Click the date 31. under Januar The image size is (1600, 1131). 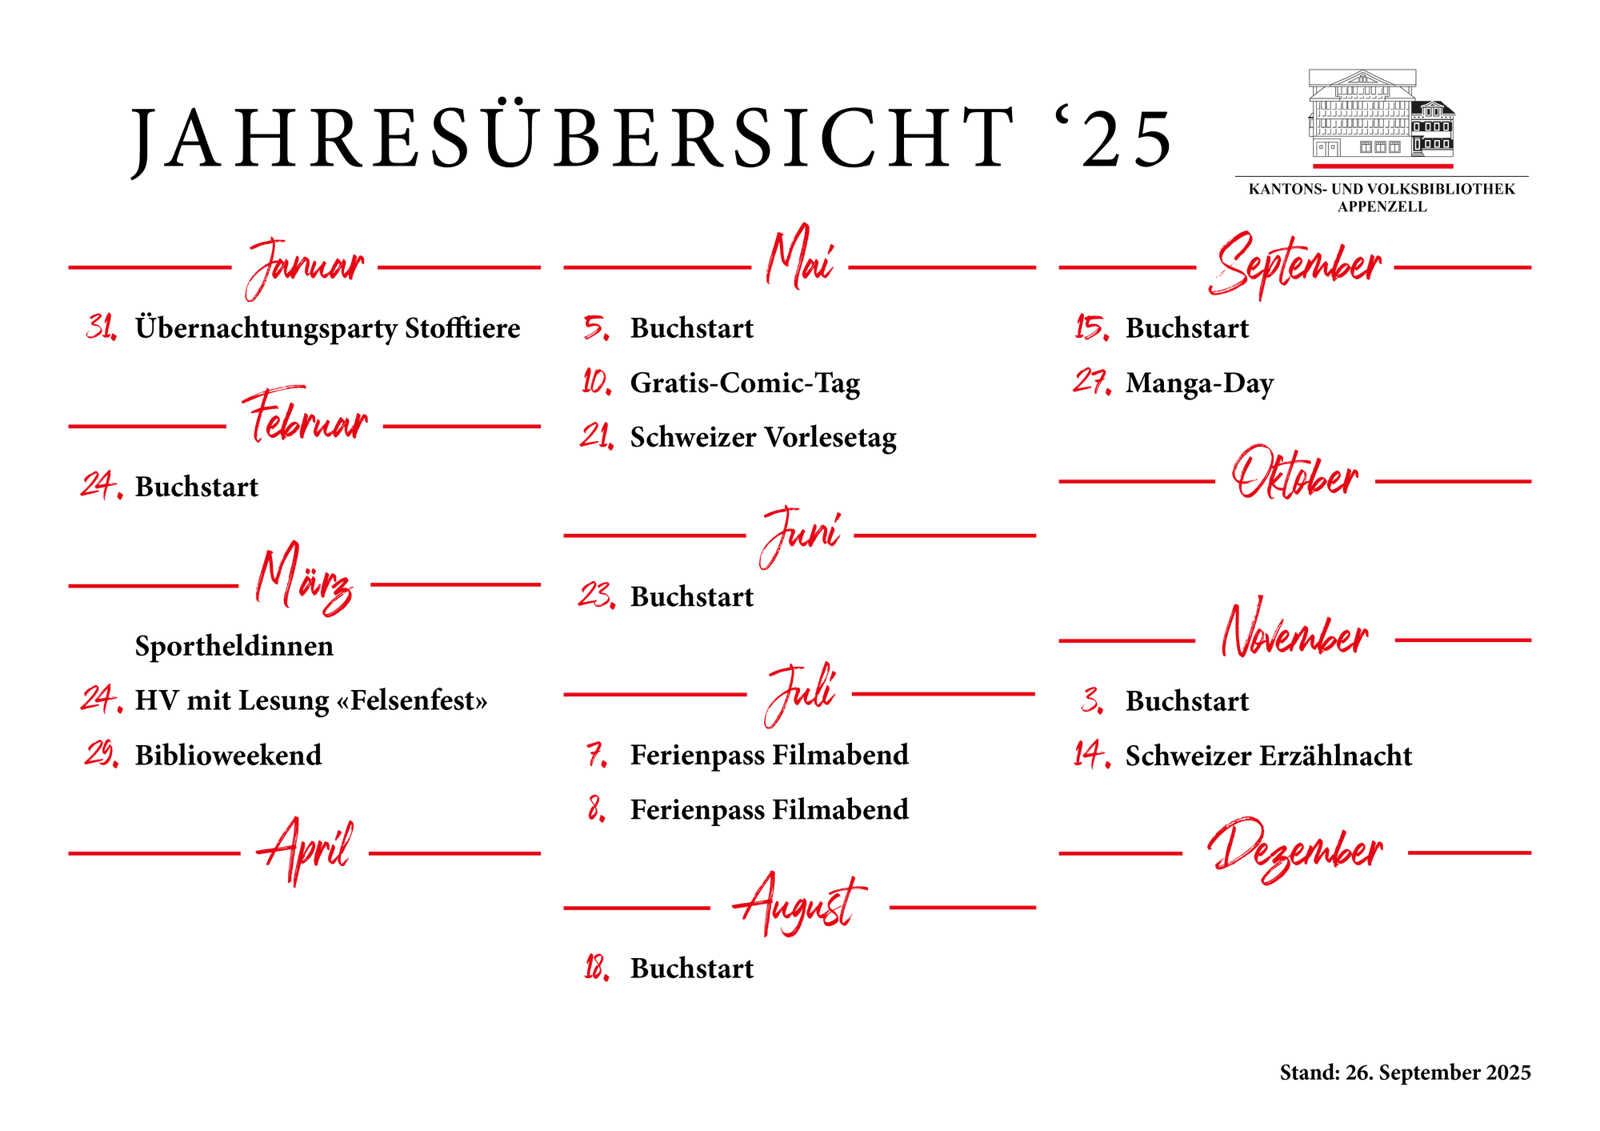tap(102, 327)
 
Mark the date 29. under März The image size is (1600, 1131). tap(102, 754)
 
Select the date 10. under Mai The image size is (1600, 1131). tap(596, 383)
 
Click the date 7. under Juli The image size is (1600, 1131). tap(597, 755)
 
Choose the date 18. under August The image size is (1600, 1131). tap(596, 969)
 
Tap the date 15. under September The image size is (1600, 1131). tap(1091, 327)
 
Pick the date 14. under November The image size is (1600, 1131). tap(1091, 755)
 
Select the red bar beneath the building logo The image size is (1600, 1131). tap(1382, 166)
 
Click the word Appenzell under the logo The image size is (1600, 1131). tap(1382, 206)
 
